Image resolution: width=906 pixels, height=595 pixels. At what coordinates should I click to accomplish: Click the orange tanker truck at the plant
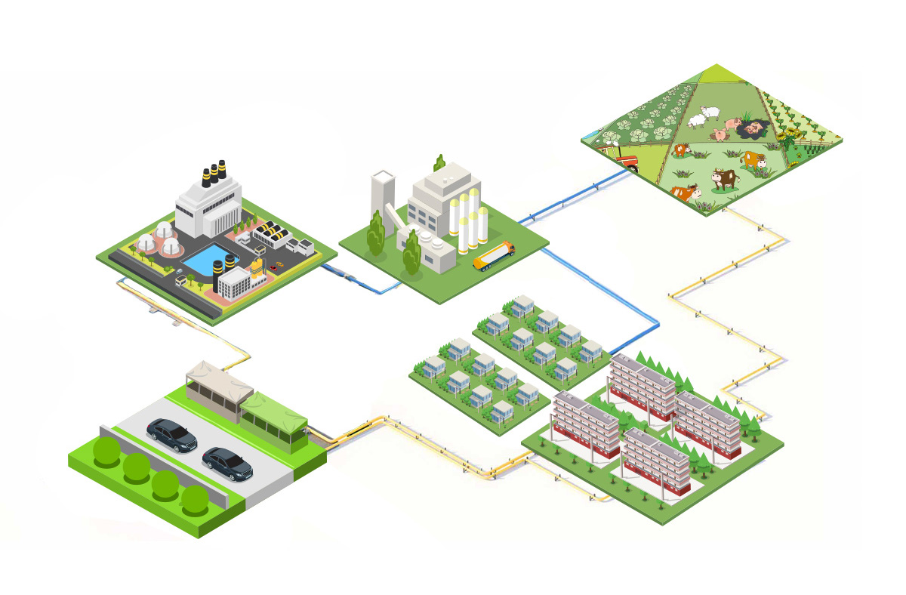[x=495, y=254]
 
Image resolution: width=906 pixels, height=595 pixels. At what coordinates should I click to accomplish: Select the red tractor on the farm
[x=622, y=156]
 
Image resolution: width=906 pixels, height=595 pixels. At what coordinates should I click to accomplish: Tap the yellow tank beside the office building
[x=257, y=267]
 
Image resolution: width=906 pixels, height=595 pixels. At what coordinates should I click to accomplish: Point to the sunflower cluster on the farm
[x=789, y=136]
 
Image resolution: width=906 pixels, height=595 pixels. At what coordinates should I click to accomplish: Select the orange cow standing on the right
[x=752, y=159]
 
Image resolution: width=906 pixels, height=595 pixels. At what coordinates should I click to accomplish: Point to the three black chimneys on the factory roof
[x=214, y=174]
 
